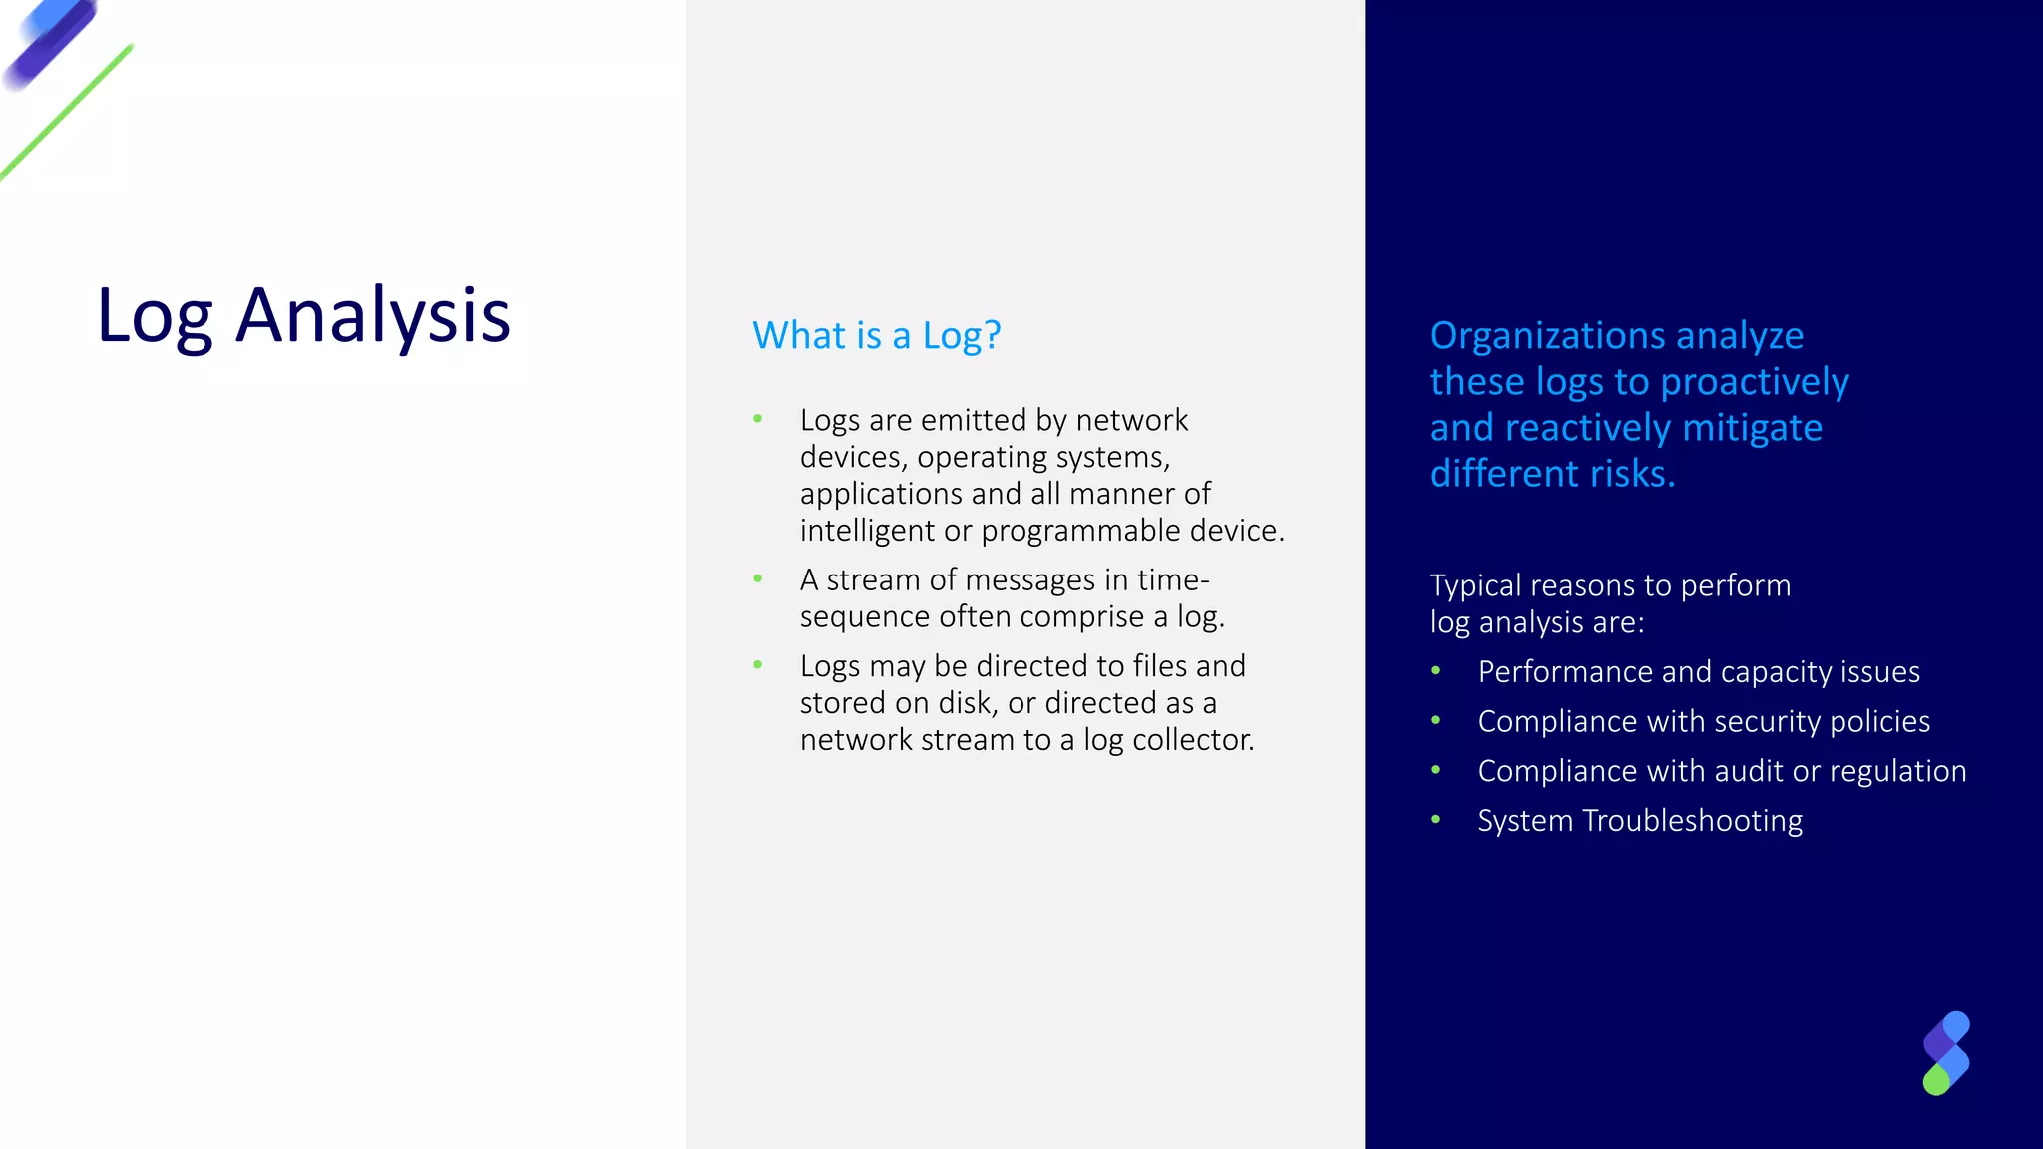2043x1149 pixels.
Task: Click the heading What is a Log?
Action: (x=876, y=336)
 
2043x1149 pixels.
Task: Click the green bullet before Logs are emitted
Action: (x=758, y=419)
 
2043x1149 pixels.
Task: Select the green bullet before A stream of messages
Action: (x=758, y=578)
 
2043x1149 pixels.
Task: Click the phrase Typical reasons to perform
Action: (x=1610, y=585)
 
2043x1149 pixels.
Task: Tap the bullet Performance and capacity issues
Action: (x=1698, y=672)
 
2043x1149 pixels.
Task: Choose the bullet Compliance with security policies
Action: (x=1704, y=722)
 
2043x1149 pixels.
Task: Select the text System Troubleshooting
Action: (x=1640, y=821)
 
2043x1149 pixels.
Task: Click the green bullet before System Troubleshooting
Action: (x=1436, y=820)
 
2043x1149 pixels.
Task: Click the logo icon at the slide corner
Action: (x=1946, y=1053)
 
